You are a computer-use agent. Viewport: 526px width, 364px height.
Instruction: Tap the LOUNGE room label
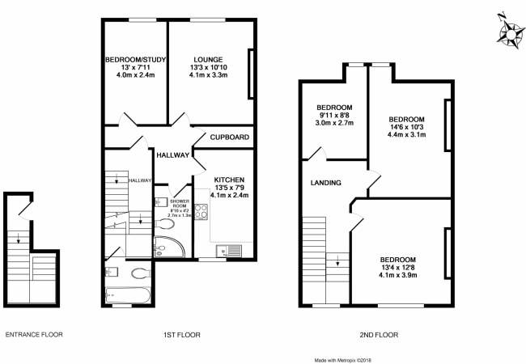pyautogui.click(x=208, y=60)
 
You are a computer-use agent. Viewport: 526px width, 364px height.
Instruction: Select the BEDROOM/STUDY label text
pyautogui.click(x=135, y=60)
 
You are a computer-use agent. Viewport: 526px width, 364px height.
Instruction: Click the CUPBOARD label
pyautogui.click(x=230, y=137)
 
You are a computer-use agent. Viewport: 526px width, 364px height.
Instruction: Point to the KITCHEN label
pyautogui.click(x=230, y=180)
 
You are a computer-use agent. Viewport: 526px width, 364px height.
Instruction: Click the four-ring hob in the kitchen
pyautogui.click(x=201, y=211)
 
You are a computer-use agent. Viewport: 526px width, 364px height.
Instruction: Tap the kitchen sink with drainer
pyautogui.click(x=229, y=251)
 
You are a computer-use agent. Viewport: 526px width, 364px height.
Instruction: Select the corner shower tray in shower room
pyautogui.click(x=169, y=247)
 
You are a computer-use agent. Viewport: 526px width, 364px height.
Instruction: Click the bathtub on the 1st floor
pyautogui.click(x=128, y=295)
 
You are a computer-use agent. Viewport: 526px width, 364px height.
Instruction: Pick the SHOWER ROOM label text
pyautogui.click(x=180, y=204)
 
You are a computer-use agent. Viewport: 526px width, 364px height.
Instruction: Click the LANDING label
pyautogui.click(x=326, y=183)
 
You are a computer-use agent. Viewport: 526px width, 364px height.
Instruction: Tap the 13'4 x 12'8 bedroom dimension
pyautogui.click(x=398, y=268)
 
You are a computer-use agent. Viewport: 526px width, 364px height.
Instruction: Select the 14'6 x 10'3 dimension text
pyautogui.click(x=406, y=127)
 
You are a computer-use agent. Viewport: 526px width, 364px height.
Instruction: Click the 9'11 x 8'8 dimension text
pyautogui.click(x=334, y=116)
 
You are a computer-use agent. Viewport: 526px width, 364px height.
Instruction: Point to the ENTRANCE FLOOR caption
pyautogui.click(x=34, y=335)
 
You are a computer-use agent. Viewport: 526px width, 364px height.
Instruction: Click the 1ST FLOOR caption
pyautogui.click(x=182, y=335)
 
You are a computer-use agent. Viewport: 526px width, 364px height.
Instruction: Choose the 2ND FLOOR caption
pyautogui.click(x=379, y=335)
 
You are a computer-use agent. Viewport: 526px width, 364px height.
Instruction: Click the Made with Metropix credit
pyautogui.click(x=343, y=361)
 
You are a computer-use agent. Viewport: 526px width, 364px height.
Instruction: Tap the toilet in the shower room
pyautogui.click(x=164, y=224)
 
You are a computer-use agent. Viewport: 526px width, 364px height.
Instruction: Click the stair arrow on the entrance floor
pyautogui.click(x=18, y=238)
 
